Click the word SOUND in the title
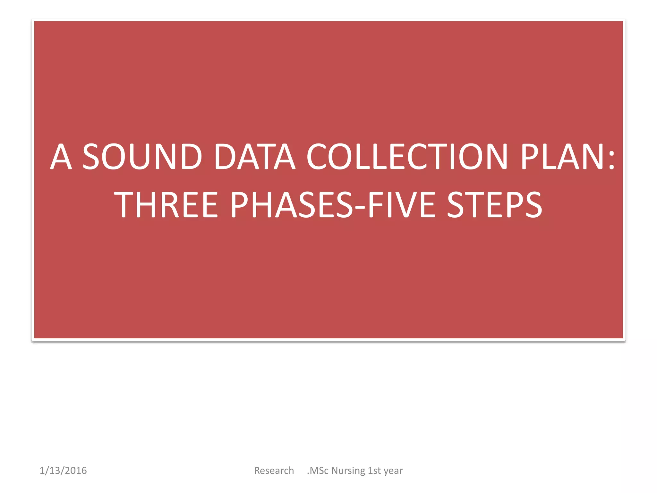(142, 157)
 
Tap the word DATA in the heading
(254, 157)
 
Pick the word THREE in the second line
(166, 204)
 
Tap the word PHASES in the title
(292, 204)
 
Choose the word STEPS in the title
(494, 204)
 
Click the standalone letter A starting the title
(61, 157)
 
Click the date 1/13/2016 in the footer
(63, 471)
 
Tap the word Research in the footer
(274, 471)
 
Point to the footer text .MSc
(318, 471)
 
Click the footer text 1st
(374, 471)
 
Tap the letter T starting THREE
(123, 204)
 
